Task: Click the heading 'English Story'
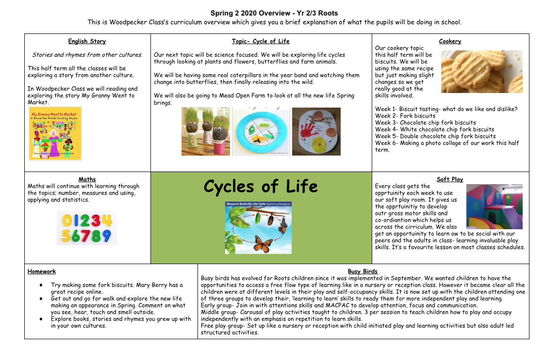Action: [x=87, y=41]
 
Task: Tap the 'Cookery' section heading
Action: [x=450, y=41]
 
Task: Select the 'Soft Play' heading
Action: [x=450, y=179]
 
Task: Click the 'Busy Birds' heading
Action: [x=363, y=271]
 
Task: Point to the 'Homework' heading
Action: [x=42, y=271]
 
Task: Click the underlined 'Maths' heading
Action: [x=87, y=179]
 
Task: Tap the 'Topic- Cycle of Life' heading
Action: [x=261, y=41]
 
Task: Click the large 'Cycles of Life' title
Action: [x=261, y=186]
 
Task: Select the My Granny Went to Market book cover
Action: [x=55, y=134]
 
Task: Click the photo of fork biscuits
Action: [x=481, y=72]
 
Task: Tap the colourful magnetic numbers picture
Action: [x=87, y=228]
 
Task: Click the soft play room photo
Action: [x=494, y=206]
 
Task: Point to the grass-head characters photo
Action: [x=206, y=131]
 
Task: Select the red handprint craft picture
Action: [x=316, y=131]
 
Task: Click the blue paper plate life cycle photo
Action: [x=261, y=131]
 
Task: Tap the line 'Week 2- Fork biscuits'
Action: [x=405, y=116]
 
